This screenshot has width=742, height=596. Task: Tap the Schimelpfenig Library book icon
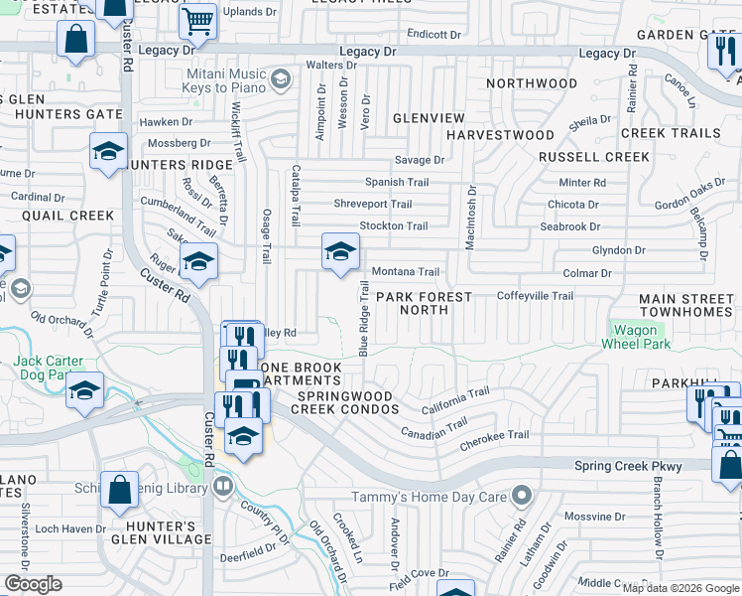(x=224, y=487)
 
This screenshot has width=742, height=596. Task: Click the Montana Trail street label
(x=405, y=272)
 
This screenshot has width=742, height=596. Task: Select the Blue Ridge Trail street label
(x=363, y=318)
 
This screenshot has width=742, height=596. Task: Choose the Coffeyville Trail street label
(x=535, y=296)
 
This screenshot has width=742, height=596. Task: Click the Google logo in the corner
(x=33, y=584)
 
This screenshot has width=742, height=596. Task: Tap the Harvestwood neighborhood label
(x=499, y=134)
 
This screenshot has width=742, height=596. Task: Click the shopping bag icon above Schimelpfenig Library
(x=119, y=489)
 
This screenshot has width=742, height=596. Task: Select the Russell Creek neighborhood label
(x=580, y=157)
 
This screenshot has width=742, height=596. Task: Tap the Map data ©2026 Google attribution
(x=680, y=588)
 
